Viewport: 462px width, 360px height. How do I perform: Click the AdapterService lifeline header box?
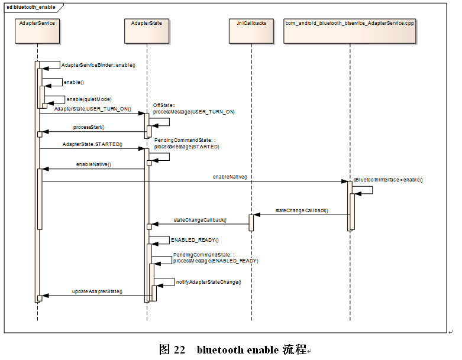pyautogui.click(x=37, y=31)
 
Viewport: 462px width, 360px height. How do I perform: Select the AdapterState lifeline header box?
pyautogui.click(x=147, y=31)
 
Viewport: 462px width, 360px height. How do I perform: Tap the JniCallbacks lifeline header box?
pyautogui.click(x=251, y=31)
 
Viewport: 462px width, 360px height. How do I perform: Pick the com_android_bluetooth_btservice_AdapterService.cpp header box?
pyautogui.click(x=350, y=31)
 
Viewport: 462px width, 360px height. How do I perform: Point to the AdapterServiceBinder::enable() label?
pyautogui.click(x=98, y=65)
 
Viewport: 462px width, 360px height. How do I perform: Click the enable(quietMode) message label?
pyautogui.click(x=89, y=99)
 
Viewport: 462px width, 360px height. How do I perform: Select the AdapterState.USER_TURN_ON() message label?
pyautogui.click(x=93, y=109)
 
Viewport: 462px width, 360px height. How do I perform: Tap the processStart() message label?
pyautogui.click(x=89, y=127)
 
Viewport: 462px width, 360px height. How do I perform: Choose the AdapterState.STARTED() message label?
pyautogui.click(x=92, y=144)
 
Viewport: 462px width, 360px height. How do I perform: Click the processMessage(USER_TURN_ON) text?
pyautogui.click(x=194, y=112)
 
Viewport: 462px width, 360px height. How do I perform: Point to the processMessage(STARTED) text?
pyautogui.click(x=186, y=147)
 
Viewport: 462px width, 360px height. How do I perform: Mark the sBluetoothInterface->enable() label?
pyautogui.click(x=388, y=179)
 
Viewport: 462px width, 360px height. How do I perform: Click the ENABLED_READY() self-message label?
pyautogui.click(x=195, y=241)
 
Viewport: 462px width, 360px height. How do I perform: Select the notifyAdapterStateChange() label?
pyautogui.click(x=208, y=282)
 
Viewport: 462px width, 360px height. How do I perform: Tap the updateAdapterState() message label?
pyautogui.click(x=97, y=291)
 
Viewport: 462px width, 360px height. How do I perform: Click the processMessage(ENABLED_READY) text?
pyautogui.click(x=215, y=261)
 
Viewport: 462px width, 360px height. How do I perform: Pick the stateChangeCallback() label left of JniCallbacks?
pyautogui.click(x=199, y=220)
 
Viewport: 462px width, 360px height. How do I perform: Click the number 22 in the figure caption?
pyautogui.click(x=180, y=349)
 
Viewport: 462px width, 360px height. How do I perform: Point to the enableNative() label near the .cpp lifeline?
pyautogui.click(x=230, y=177)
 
